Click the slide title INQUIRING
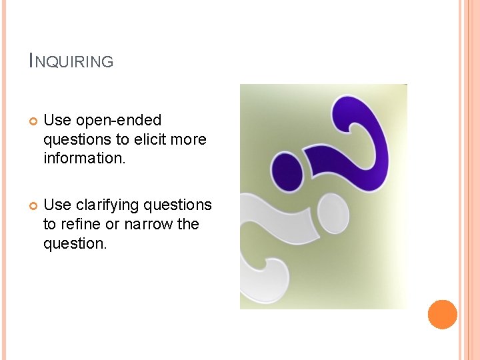(x=71, y=61)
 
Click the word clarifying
(x=119, y=205)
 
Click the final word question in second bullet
(x=74, y=243)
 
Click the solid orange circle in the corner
(x=442, y=315)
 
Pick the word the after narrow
(x=188, y=224)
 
